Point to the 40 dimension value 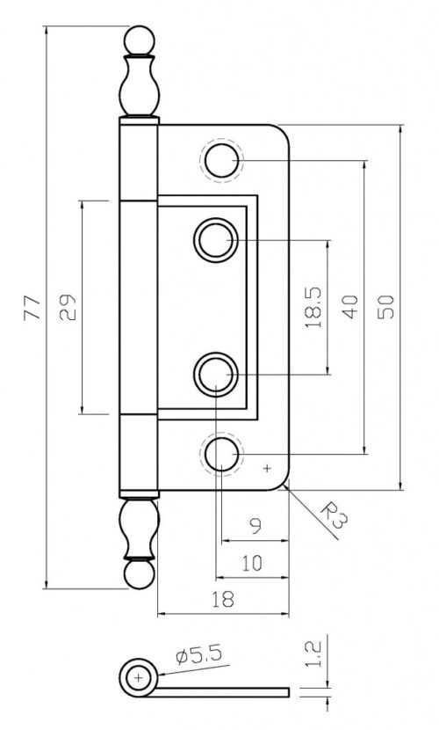click(x=352, y=307)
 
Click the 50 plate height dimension click(x=387, y=305)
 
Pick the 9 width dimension click(x=255, y=529)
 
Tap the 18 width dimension click(x=223, y=600)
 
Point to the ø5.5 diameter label click(x=197, y=655)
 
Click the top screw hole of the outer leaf click(x=220, y=160)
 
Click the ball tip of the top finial click(x=138, y=40)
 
